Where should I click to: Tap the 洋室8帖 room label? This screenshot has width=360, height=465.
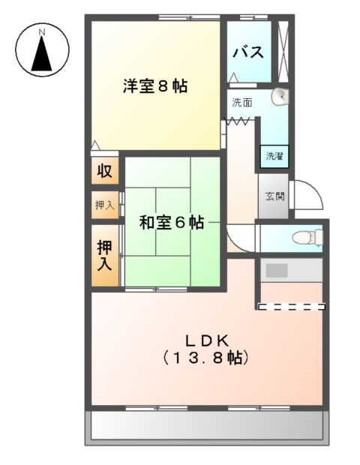(155, 86)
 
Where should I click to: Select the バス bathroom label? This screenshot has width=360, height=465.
(247, 52)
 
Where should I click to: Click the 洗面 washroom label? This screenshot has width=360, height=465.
(241, 101)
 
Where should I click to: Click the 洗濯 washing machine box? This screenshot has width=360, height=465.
(273, 156)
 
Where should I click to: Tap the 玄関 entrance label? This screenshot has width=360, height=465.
(274, 196)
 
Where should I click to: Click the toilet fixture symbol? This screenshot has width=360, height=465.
(306, 238)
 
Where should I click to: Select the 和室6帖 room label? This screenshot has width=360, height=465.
(172, 222)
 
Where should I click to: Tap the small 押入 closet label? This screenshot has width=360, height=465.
(104, 204)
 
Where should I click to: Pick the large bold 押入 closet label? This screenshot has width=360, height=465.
(104, 254)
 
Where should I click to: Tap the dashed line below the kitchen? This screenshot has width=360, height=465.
(291, 306)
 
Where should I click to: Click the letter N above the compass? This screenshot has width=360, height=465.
(43, 31)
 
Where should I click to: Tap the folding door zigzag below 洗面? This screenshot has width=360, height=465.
(239, 120)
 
